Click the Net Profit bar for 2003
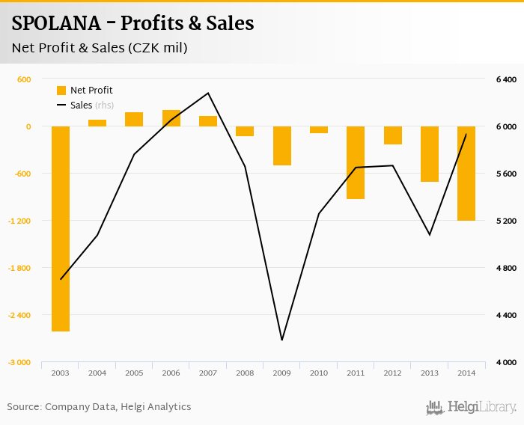pyautogui.click(x=61, y=228)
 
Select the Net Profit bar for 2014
pyautogui.click(x=466, y=174)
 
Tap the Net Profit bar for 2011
pyautogui.click(x=356, y=162)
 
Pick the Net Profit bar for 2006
pyautogui.click(x=171, y=118)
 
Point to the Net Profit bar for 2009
pyautogui.click(x=281, y=146)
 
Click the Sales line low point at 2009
pyautogui.click(x=281, y=340)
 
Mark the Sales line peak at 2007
pyautogui.click(x=208, y=93)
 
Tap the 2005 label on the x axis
pyautogui.click(x=135, y=372)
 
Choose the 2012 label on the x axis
pyautogui.click(x=392, y=372)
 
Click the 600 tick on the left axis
pyautogui.click(x=24, y=79)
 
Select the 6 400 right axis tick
pyautogui.click(x=506, y=79)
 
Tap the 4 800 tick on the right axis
pyautogui.click(x=506, y=268)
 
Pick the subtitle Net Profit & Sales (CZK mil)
pyautogui.click(x=100, y=49)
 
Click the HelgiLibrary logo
pyautogui.click(x=471, y=408)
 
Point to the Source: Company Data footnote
pyautogui.click(x=99, y=407)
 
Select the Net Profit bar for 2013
pyautogui.click(x=430, y=154)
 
